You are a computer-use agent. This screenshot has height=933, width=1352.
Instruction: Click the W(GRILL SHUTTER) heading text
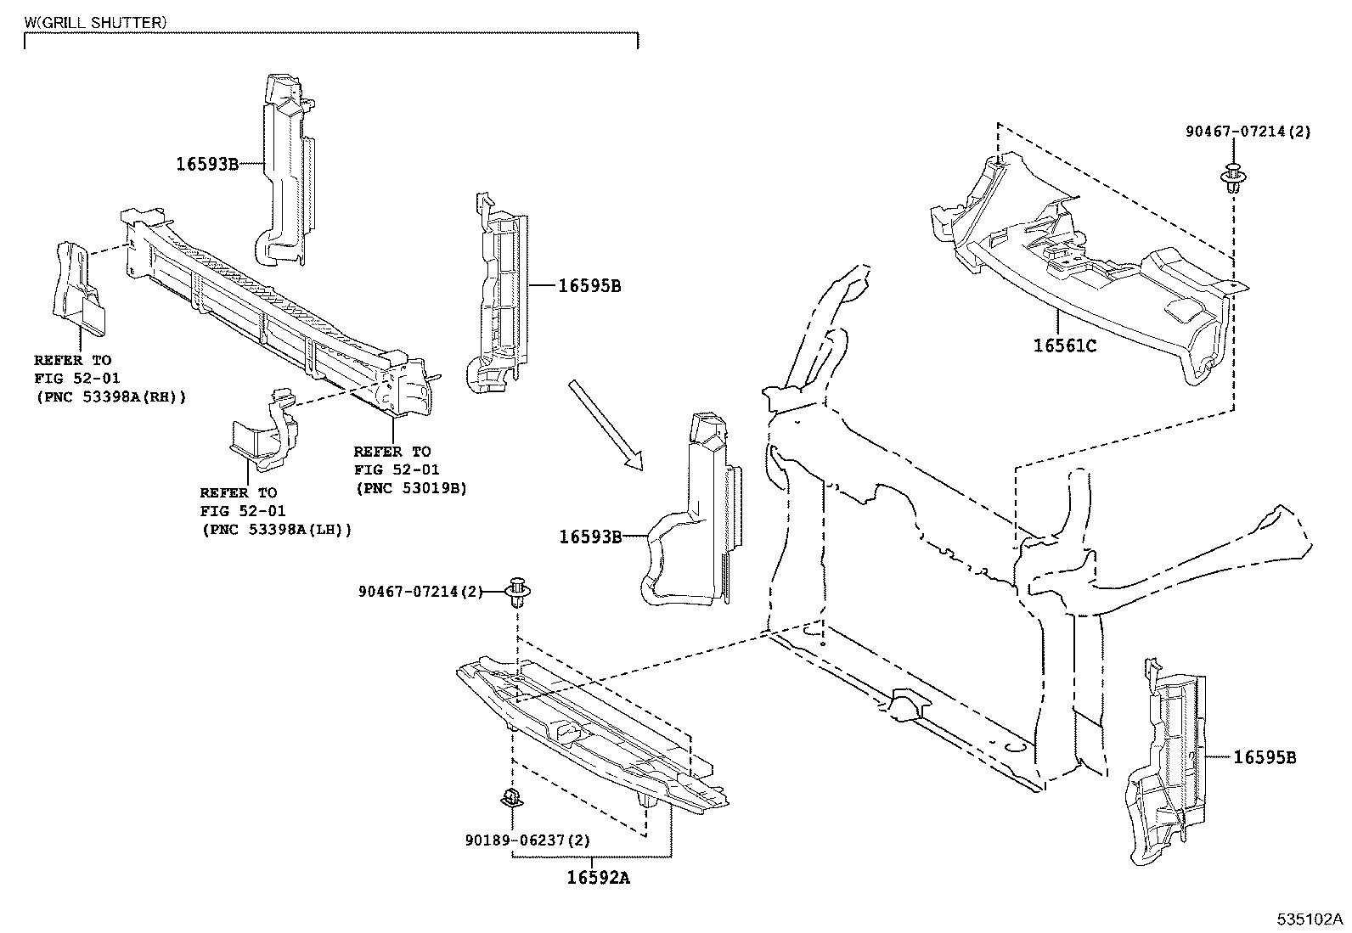95,23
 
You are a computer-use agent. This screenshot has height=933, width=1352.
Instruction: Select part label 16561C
1065,346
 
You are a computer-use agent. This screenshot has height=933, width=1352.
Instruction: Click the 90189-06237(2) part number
527,840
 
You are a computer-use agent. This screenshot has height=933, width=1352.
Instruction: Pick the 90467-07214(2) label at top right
1248,132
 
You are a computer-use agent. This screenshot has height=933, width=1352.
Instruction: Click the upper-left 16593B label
207,164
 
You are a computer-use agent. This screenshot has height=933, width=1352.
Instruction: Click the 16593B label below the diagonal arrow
590,536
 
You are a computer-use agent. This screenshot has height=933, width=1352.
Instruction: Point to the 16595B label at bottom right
1264,757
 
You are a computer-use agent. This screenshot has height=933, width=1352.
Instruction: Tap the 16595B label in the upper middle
589,286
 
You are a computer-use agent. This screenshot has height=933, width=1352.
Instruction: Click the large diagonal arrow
605,424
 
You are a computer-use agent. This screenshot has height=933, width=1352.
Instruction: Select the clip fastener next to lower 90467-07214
516,592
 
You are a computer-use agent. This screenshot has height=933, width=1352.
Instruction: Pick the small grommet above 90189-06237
511,796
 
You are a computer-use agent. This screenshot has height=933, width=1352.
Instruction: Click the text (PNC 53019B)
411,488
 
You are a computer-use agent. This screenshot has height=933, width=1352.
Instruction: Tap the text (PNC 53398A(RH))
110,396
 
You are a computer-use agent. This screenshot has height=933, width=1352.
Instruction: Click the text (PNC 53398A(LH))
277,529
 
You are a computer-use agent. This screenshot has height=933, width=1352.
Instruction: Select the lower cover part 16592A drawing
586,730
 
